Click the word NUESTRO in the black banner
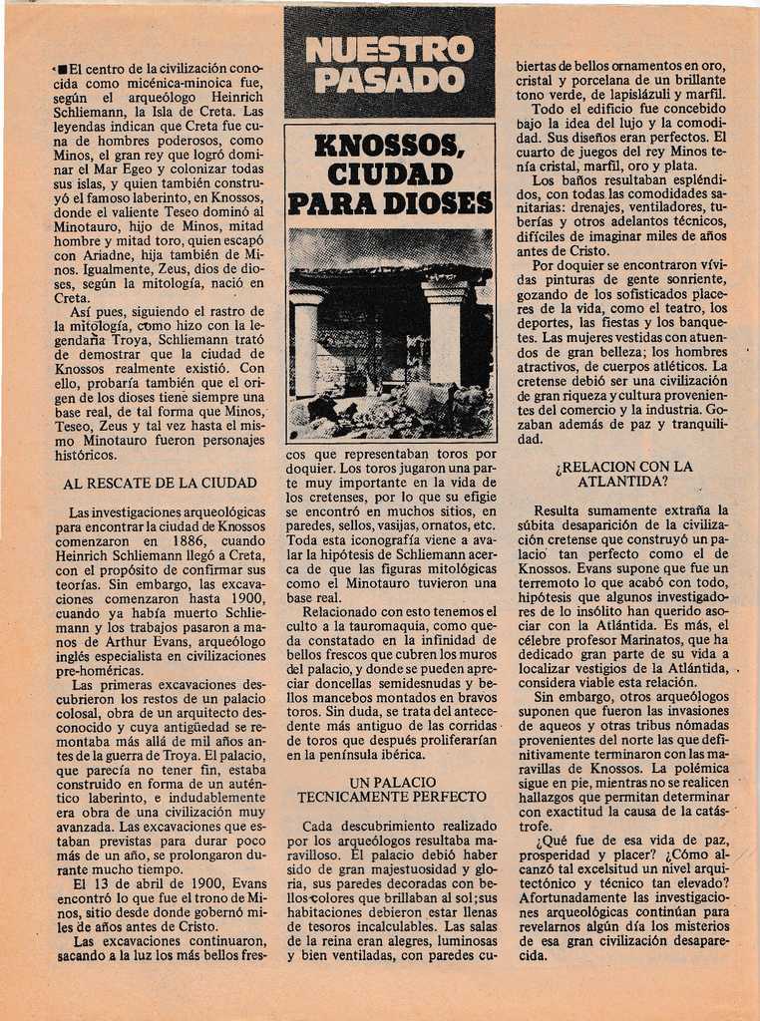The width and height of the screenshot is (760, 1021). [389, 49]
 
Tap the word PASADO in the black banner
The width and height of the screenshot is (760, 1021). [389, 81]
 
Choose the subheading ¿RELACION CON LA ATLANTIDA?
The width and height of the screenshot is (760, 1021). [623, 474]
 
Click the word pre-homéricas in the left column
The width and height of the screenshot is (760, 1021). [99, 671]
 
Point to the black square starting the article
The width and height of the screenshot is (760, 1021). [62, 69]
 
